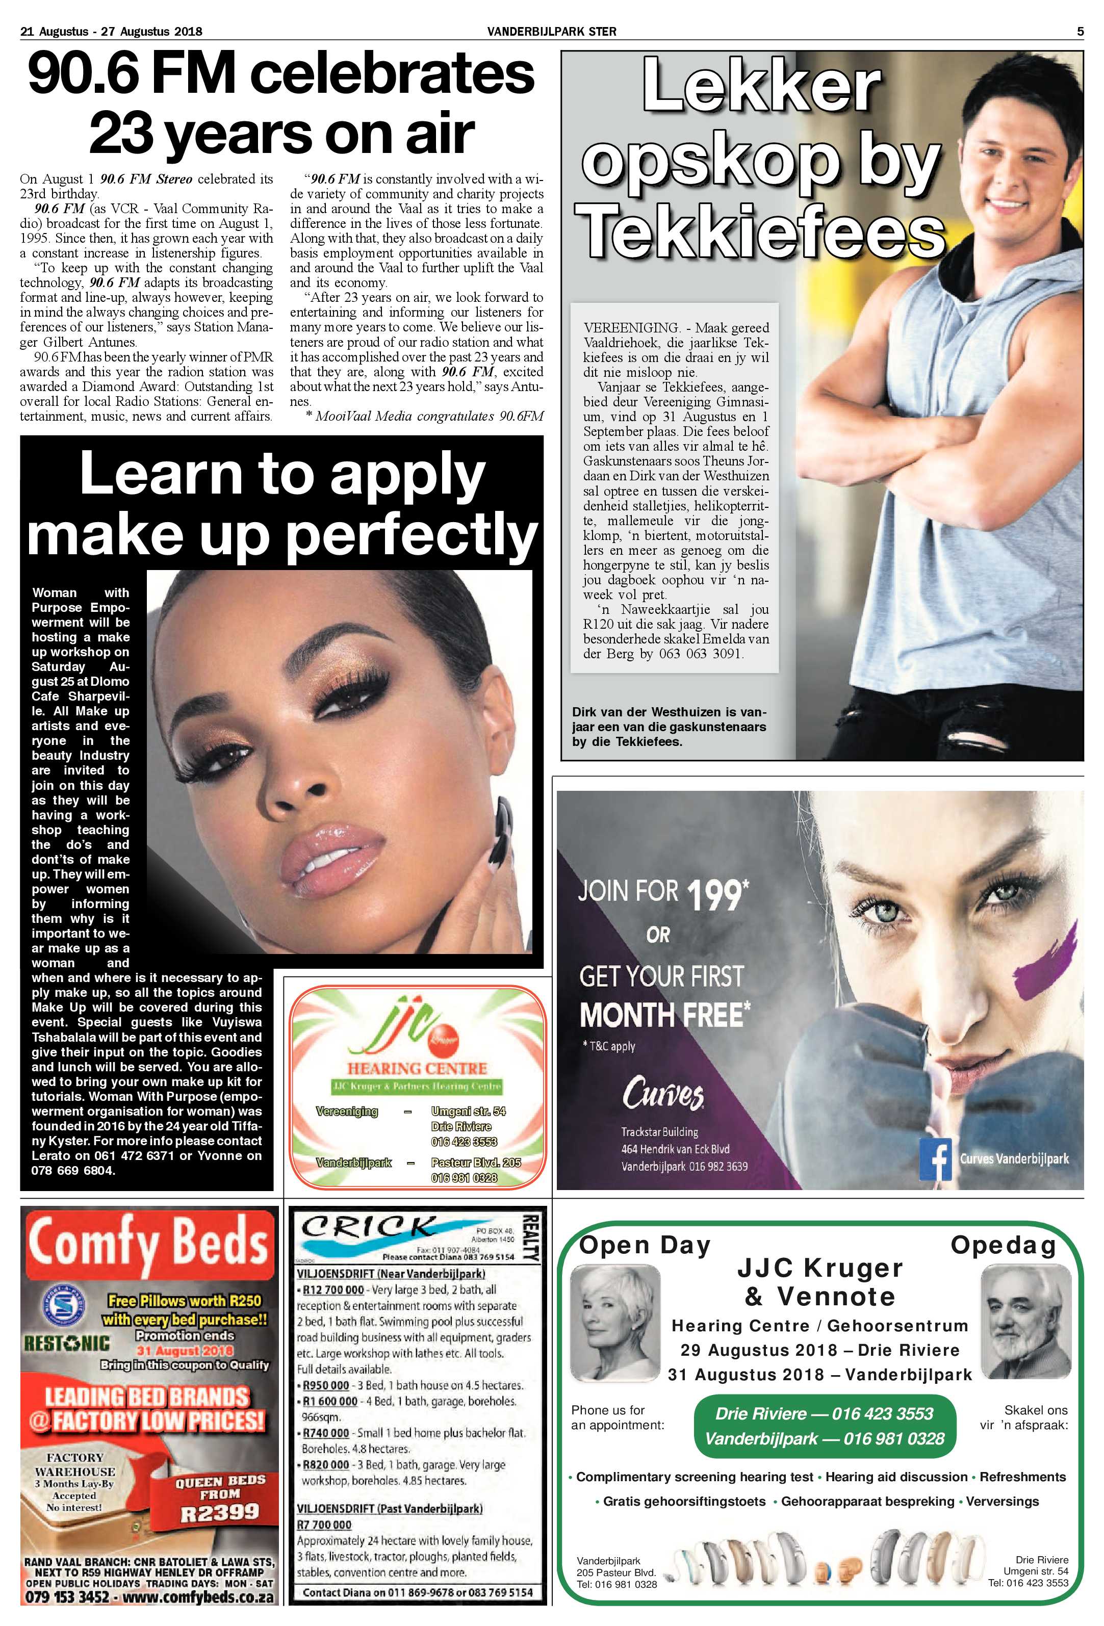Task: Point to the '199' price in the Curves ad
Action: coord(713,895)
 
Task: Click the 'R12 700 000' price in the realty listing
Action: coord(332,1289)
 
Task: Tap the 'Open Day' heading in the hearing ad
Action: coord(645,1246)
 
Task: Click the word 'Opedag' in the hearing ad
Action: coord(1003,1246)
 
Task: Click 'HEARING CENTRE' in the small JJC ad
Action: coord(417,1068)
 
